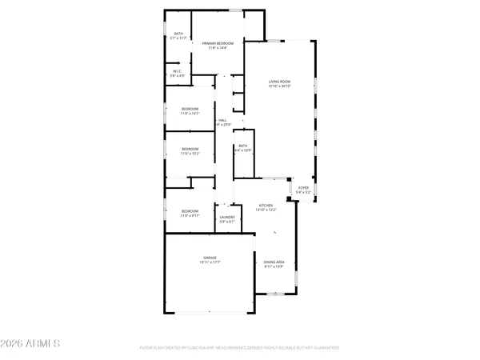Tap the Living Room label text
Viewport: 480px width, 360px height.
279,82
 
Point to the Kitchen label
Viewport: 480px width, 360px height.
266,206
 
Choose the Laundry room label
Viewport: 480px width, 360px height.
227,217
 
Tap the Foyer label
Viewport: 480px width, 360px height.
303,189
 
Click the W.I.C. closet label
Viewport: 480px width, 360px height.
178,71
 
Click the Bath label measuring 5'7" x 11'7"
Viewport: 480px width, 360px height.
178,34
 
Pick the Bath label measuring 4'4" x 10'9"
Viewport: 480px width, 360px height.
242,146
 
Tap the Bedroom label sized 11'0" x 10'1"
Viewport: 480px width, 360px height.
190,109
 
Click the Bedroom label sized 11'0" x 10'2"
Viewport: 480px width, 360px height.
190,148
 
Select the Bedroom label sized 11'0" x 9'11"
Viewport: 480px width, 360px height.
190,211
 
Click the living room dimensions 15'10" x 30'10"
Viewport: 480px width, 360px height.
279,86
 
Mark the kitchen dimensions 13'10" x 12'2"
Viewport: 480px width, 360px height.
266,210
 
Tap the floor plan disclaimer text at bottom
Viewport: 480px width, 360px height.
239,348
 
